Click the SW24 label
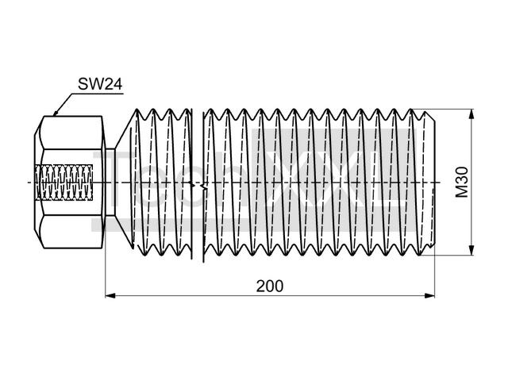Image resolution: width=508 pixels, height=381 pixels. tap(99, 83)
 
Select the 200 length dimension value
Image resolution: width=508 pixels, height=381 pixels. tap(269, 285)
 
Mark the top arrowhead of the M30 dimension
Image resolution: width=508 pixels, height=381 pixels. tap(472, 114)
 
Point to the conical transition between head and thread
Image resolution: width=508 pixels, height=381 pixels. tap(119, 183)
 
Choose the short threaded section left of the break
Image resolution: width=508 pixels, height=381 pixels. tap(163, 183)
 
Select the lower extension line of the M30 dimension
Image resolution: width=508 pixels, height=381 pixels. tap(452, 256)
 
